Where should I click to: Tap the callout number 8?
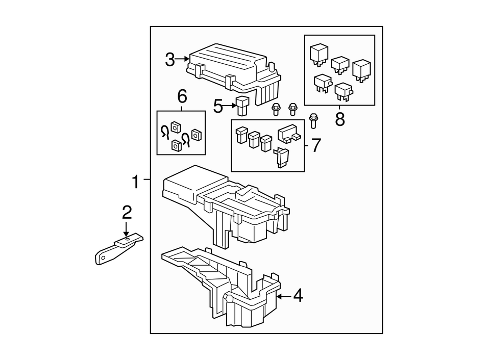[x=340, y=119]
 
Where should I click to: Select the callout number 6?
[x=182, y=96]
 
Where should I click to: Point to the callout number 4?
[x=298, y=295]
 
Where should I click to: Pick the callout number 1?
[x=135, y=181]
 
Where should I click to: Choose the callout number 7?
[x=316, y=145]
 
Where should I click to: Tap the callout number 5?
[x=218, y=107]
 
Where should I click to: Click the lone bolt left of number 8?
[x=314, y=120]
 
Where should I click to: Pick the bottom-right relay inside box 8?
[x=344, y=92]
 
